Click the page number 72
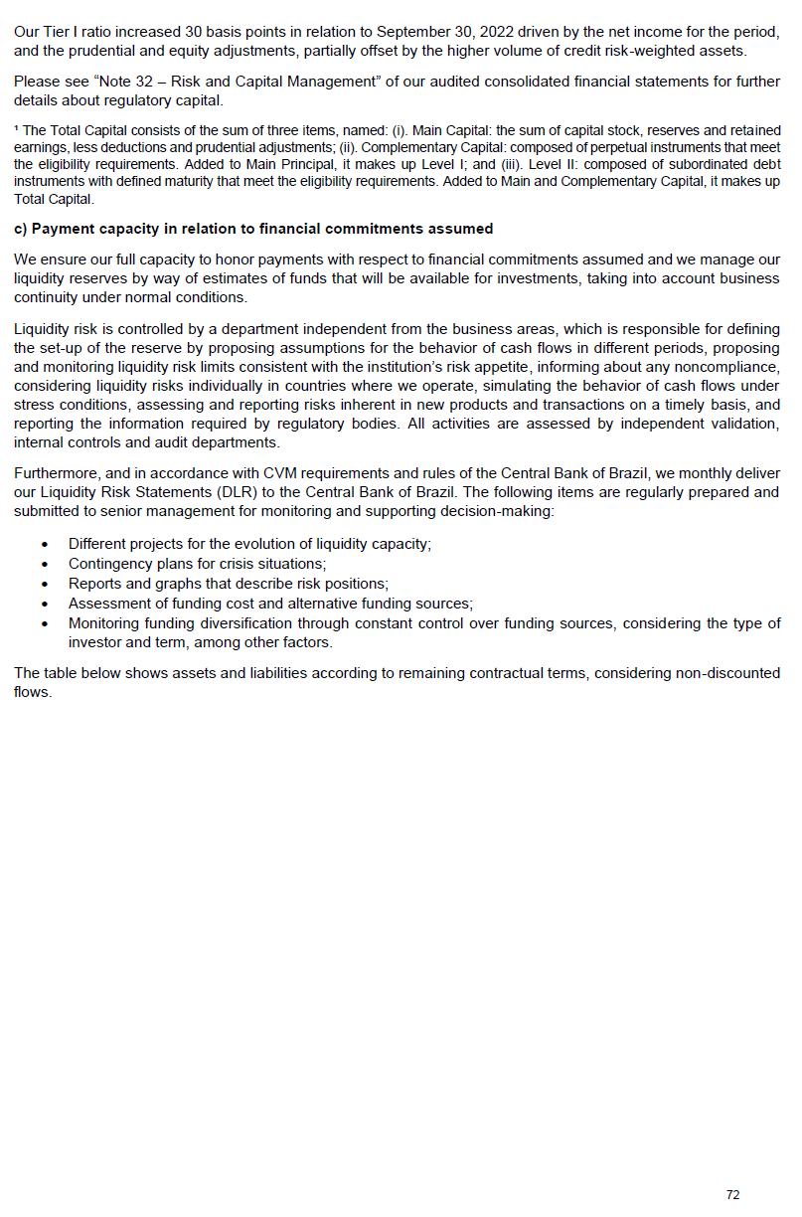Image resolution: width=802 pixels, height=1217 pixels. point(732,1195)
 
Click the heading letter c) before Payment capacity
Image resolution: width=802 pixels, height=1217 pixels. point(20,229)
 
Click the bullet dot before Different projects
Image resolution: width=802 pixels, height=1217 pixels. point(45,545)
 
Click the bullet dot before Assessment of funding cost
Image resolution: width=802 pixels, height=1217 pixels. point(45,604)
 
